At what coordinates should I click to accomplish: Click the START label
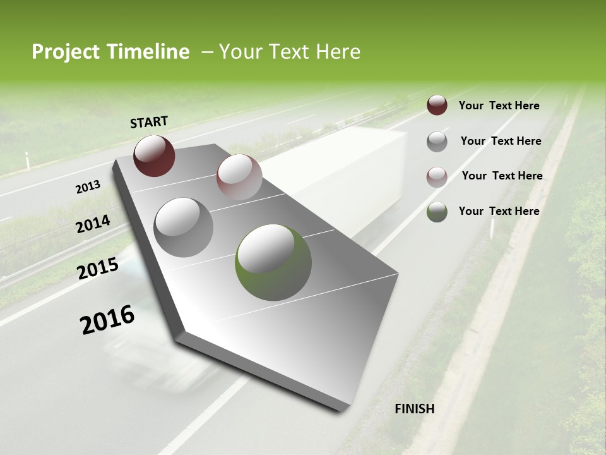coord(149,122)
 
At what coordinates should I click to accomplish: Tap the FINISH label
coord(415,409)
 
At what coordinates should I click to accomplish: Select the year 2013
coord(88,187)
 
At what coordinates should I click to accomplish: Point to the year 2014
coord(93,224)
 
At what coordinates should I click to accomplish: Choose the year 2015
coord(98,269)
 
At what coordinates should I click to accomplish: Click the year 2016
coord(107,320)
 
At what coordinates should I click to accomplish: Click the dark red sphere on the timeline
coord(154,155)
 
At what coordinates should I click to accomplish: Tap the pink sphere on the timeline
coord(239,177)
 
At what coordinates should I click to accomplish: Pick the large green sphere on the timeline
coord(273,262)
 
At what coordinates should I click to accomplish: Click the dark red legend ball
coord(437,106)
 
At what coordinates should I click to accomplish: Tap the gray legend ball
coord(437,142)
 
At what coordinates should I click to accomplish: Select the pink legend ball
coord(437,177)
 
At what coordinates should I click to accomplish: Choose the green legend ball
coord(437,212)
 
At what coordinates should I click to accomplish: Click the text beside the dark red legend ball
coord(499,106)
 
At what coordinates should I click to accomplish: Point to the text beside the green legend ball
coord(499,211)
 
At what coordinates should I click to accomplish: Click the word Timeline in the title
coord(148,52)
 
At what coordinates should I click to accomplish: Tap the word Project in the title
coord(65,52)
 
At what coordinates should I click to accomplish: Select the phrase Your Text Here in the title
coord(290,52)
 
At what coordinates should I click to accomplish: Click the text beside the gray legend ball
coord(501,141)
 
